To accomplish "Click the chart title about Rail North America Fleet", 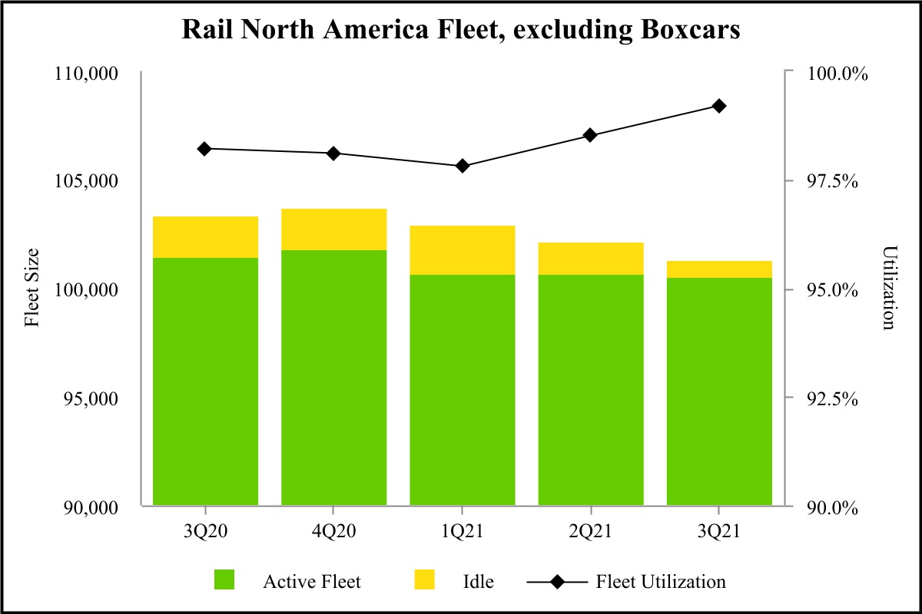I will tap(461, 29).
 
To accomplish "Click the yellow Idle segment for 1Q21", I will tap(462, 250).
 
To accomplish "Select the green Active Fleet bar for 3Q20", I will tap(205, 381).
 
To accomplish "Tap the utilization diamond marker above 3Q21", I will tap(719, 106).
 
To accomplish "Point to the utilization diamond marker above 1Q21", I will tap(462, 166).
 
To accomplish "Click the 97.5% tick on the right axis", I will tap(834, 181).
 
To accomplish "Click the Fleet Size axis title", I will tap(32, 289).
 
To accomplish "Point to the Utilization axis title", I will tap(889, 289).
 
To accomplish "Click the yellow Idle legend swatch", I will tap(423, 580).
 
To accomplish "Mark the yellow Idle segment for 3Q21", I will tap(719, 269).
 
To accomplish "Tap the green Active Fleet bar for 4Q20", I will tap(333, 378).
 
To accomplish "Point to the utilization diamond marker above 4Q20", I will tap(333, 153).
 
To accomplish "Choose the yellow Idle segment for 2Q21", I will tap(590, 259).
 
